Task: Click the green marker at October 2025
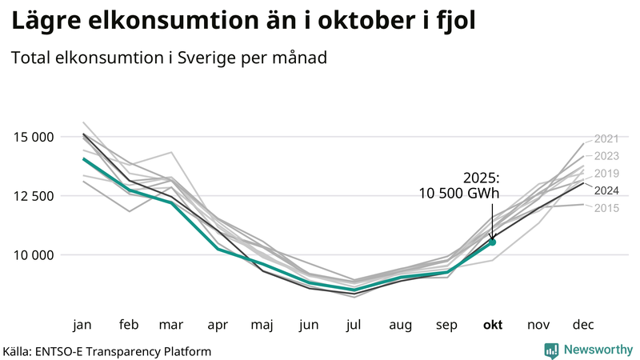pyautogui.click(x=492, y=242)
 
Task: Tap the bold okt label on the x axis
pyautogui.click(x=492, y=325)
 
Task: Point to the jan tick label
pyautogui.click(x=82, y=325)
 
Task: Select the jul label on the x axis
pyautogui.click(x=354, y=325)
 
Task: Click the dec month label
pyautogui.click(x=582, y=325)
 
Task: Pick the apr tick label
pyautogui.click(x=218, y=325)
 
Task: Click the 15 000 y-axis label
pyautogui.click(x=33, y=137)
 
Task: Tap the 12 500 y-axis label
pyautogui.click(x=33, y=196)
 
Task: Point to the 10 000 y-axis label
pyautogui.click(x=33, y=255)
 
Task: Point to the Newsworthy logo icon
pyautogui.click(x=551, y=350)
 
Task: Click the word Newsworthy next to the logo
pyautogui.click(x=597, y=350)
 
